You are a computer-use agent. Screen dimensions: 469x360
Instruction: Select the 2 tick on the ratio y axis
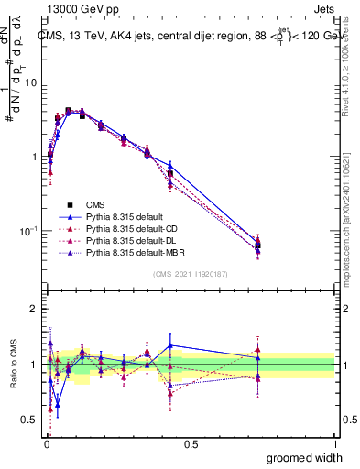tap(34, 309)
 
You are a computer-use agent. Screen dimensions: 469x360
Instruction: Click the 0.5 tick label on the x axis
tap(190, 444)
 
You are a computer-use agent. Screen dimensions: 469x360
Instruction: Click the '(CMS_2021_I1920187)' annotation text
tap(190, 274)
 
